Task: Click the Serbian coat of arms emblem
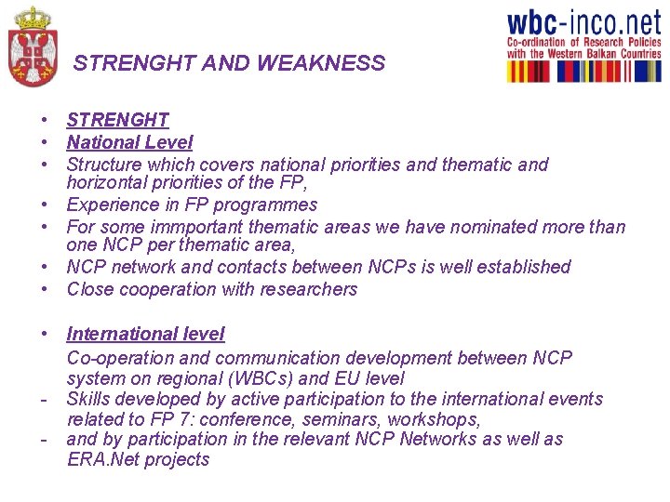(x=33, y=48)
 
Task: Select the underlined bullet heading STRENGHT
(x=117, y=120)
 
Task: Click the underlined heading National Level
(x=129, y=142)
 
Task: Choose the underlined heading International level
(x=145, y=334)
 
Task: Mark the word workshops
(x=439, y=419)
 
